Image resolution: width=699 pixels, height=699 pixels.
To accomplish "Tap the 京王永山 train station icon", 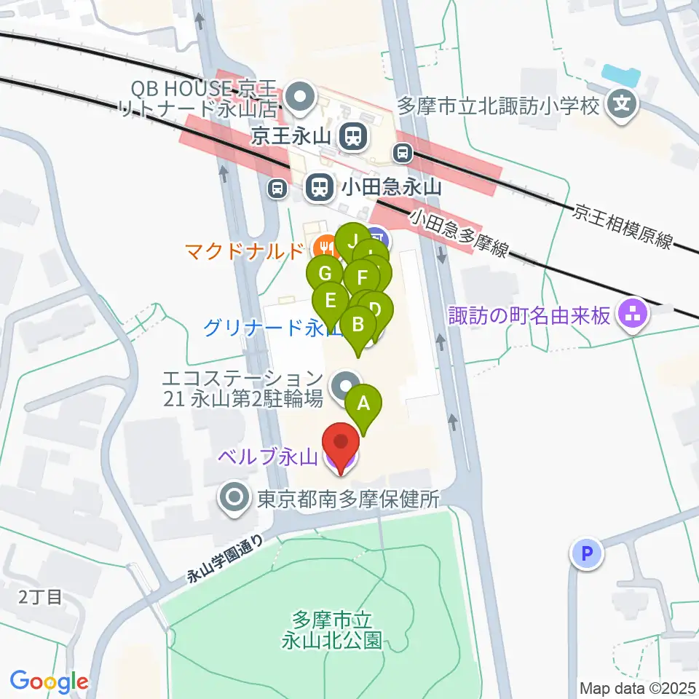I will tap(352, 135).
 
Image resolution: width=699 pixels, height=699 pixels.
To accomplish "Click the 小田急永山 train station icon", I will tap(318, 188).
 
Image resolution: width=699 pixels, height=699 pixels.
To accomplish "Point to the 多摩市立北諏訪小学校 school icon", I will tap(622, 106).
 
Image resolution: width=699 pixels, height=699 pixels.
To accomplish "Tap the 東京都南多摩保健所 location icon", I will tap(235, 499).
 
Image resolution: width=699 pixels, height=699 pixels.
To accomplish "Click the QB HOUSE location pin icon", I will tap(299, 95).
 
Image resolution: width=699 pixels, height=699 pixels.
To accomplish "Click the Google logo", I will tap(50, 682).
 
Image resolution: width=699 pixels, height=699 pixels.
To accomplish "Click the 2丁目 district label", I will tap(41, 598).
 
